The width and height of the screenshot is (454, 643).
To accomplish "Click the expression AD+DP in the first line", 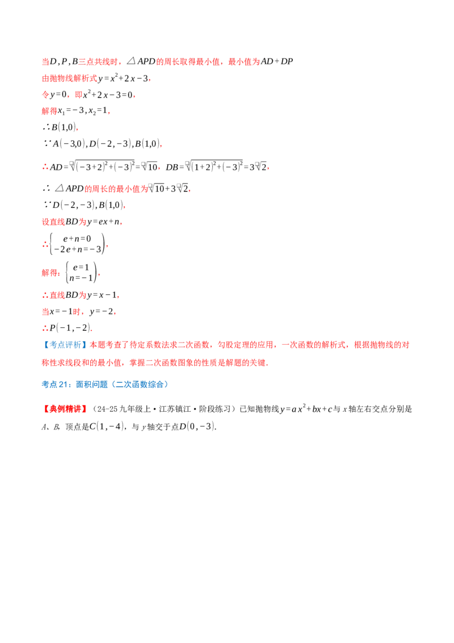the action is [x=277, y=61].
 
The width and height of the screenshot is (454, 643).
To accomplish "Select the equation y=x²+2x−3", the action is [x=123, y=78].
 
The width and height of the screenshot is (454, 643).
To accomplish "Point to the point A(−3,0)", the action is [x=69, y=144].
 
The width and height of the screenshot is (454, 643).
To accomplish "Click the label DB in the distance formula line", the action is [x=172, y=168].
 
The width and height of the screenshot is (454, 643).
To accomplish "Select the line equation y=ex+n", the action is [x=103, y=222].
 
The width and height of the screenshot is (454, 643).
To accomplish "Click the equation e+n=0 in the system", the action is [x=77, y=239].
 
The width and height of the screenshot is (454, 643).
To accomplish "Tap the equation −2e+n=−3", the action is [x=77, y=249].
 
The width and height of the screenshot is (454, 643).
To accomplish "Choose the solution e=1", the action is [x=81, y=268].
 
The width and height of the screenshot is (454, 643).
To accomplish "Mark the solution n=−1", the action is [x=81, y=278].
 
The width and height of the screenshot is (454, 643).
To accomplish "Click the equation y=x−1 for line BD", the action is [x=102, y=295].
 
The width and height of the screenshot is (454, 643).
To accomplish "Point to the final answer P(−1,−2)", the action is [x=70, y=328].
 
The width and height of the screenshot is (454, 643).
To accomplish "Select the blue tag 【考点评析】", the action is [x=66, y=345].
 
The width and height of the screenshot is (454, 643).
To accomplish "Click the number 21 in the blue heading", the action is [x=62, y=385].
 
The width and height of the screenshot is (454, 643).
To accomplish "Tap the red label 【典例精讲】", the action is [x=66, y=409].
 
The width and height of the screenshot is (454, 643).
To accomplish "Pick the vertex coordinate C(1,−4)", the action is [x=107, y=427].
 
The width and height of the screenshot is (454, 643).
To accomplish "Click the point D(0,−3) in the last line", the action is [x=197, y=427].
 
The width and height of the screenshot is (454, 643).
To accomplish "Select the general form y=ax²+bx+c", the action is [x=306, y=409].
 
